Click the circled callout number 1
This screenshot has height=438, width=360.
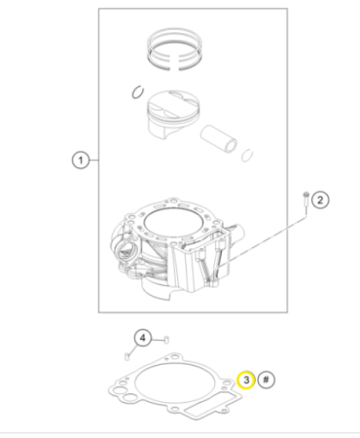click(x=82, y=160)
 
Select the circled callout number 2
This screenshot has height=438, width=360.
click(x=322, y=201)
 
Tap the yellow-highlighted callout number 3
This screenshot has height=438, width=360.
click(x=246, y=379)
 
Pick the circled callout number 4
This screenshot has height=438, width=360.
click(x=142, y=338)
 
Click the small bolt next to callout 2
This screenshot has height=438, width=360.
click(x=306, y=199)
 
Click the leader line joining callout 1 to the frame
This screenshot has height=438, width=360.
click(x=94, y=160)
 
